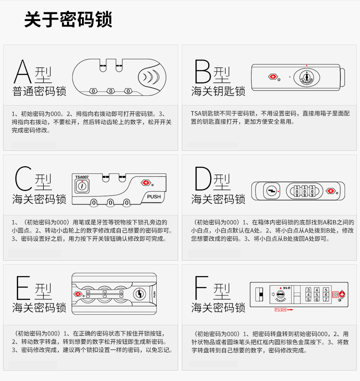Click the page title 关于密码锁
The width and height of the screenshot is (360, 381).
tap(68, 19)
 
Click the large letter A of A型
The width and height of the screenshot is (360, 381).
tap(23, 72)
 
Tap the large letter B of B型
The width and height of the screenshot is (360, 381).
tap(203, 72)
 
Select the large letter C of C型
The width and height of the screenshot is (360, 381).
tap(24, 178)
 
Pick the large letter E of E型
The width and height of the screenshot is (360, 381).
tap(23, 288)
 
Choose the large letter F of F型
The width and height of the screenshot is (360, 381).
tap(201, 288)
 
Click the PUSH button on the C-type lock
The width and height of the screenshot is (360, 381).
tap(154, 196)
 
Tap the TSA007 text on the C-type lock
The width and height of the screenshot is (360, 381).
tap(82, 177)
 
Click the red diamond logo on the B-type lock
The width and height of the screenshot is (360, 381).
tap(273, 77)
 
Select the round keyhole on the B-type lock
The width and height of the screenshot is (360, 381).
tap(307, 77)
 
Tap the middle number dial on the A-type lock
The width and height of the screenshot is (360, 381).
tap(111, 91)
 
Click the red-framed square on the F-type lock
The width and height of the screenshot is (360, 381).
tap(335, 294)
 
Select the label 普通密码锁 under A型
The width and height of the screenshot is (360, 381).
tap(39, 91)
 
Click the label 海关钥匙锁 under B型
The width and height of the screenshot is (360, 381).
tap(218, 91)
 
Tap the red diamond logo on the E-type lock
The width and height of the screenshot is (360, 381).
tap(78, 294)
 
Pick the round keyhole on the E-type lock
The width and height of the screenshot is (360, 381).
tap(139, 294)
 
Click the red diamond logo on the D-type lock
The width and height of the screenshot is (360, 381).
tap(330, 191)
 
